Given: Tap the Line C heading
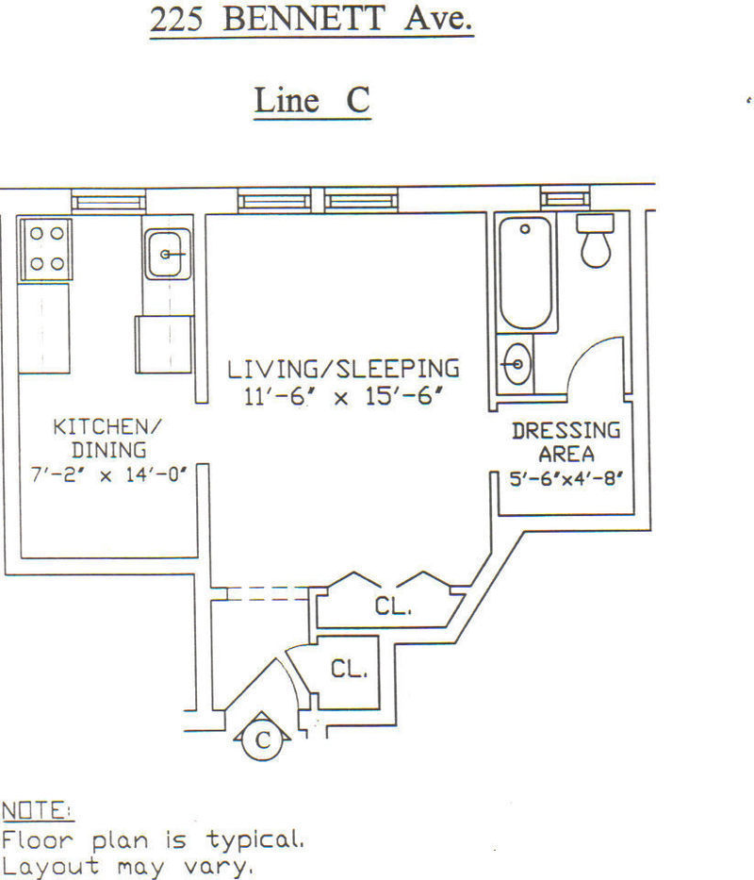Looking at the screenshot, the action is tap(313, 100).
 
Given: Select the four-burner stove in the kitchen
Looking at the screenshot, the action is tap(46, 249).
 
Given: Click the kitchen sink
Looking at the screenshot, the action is tap(167, 255).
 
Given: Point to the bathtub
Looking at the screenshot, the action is tap(525, 273).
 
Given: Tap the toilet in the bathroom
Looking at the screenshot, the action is tap(596, 241).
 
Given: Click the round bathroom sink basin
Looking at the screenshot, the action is tap(517, 364).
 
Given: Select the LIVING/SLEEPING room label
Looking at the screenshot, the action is tap(343, 369).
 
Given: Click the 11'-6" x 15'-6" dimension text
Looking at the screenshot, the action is tap(343, 396).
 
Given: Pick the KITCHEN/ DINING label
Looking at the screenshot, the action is tap(107, 439).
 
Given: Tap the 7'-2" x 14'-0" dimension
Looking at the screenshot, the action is tap(108, 474).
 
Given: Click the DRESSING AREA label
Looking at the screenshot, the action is tap(566, 441).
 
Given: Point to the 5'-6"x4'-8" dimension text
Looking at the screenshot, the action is tap(566, 479).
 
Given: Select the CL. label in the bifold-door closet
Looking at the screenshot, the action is tap(393, 606).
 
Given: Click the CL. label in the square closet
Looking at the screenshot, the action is tap(349, 669).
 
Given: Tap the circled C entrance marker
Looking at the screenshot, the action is tap(263, 739).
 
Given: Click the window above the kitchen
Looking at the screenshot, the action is tap(108, 202).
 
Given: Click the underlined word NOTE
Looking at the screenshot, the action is tap(37, 811).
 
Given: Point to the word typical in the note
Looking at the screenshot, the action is tap(255, 840).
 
